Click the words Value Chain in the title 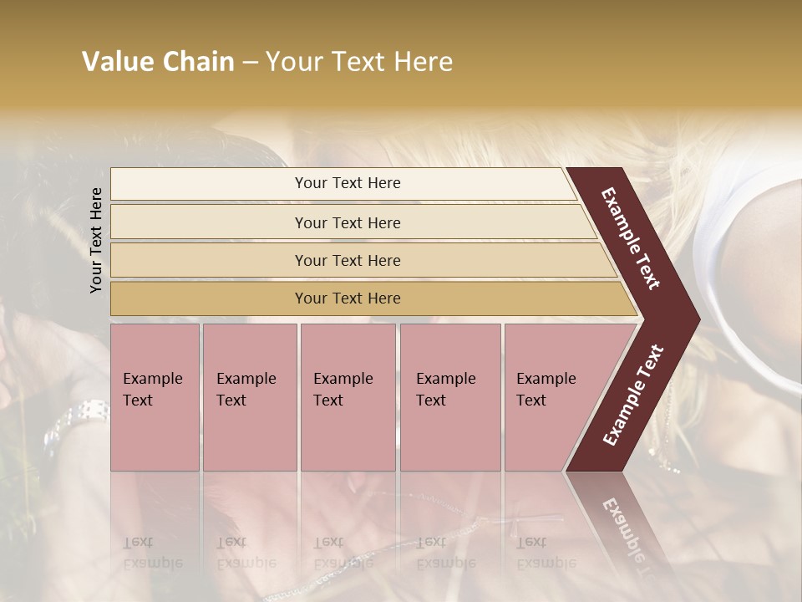[x=158, y=62]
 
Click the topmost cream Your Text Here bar [x=347, y=183]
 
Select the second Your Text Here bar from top [x=347, y=222]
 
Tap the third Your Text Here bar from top [x=347, y=260]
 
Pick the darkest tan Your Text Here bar [x=347, y=298]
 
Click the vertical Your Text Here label [x=96, y=240]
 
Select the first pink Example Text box [x=155, y=396]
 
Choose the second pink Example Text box [x=249, y=396]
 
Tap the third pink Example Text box [x=347, y=396]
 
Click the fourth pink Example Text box [x=449, y=396]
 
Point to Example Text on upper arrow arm [x=631, y=238]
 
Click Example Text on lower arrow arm [x=632, y=395]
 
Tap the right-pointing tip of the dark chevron [x=695, y=319]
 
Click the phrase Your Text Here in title [x=359, y=62]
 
